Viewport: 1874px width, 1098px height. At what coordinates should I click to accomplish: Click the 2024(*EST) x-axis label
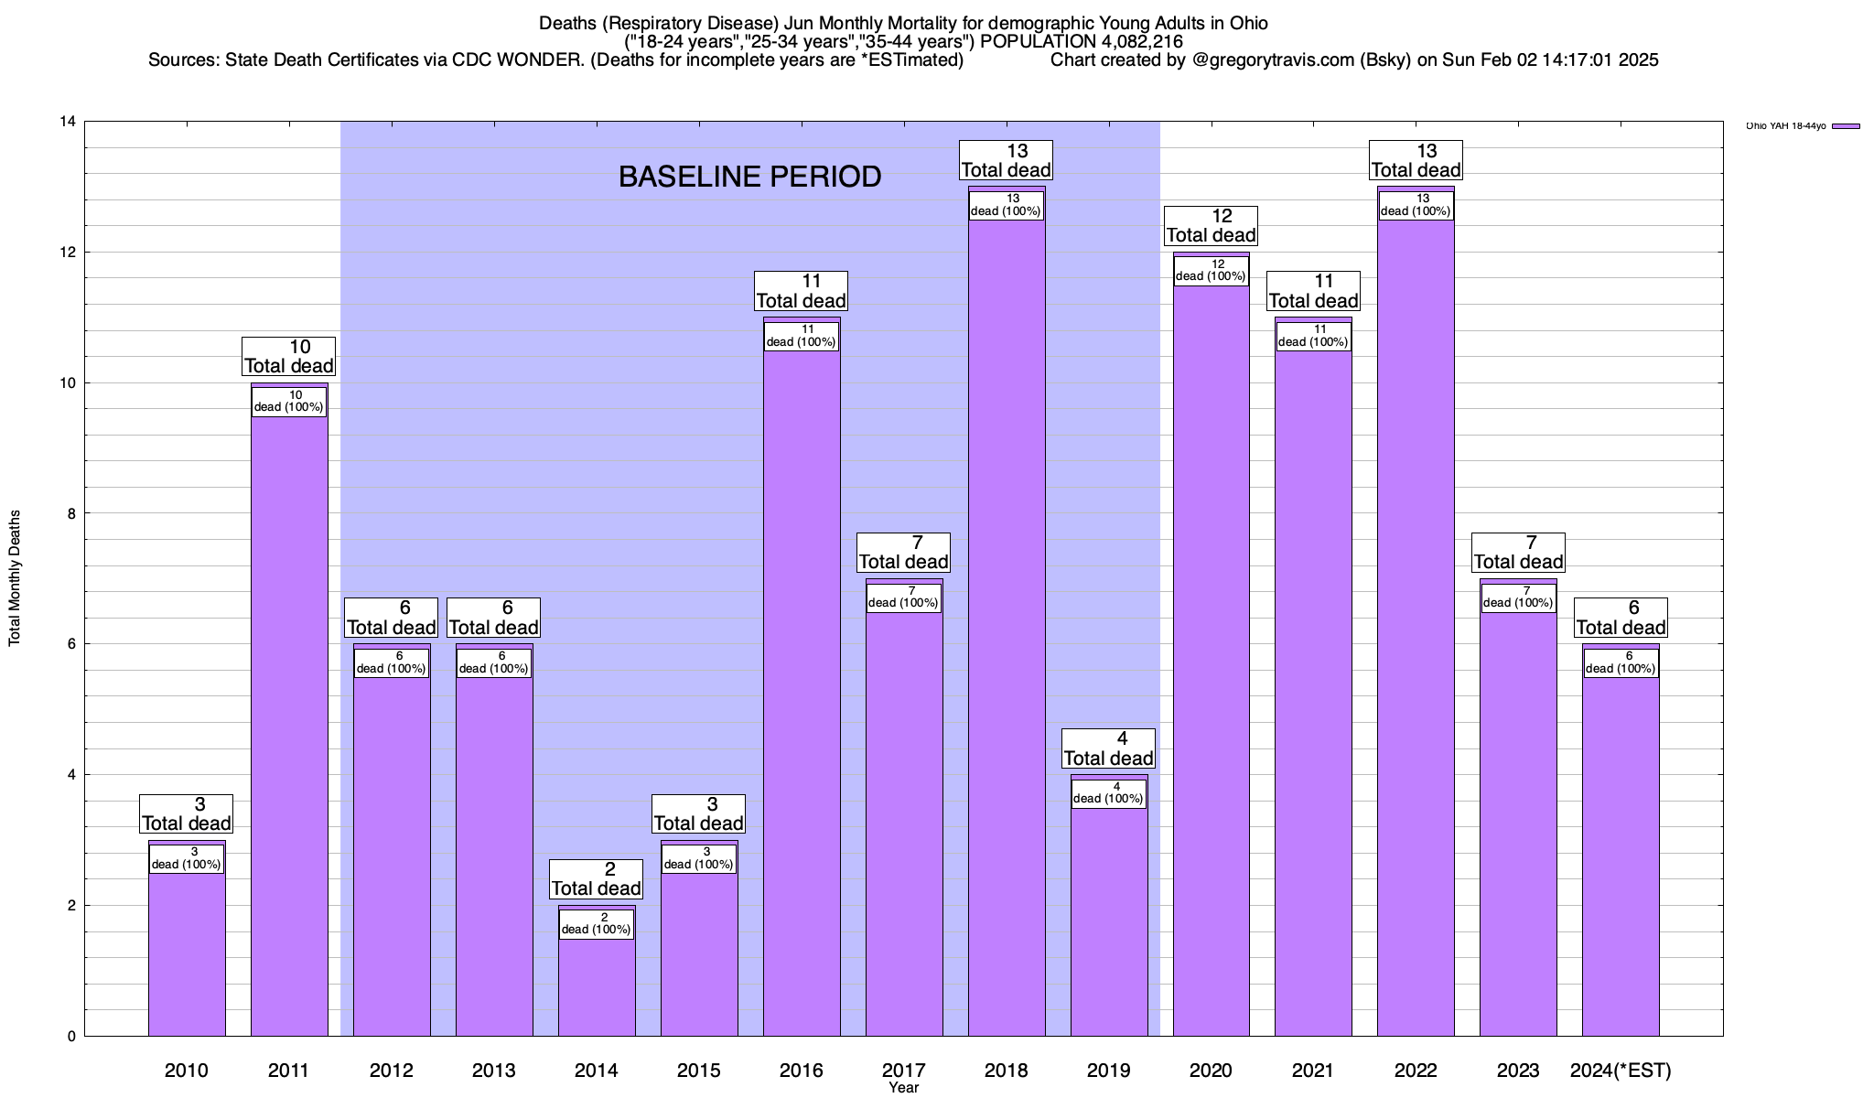click(1621, 1071)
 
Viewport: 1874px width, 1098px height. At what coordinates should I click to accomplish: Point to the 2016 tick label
click(802, 1071)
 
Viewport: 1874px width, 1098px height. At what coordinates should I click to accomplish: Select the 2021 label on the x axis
click(1314, 1071)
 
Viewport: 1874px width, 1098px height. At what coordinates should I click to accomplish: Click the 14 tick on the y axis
click(68, 122)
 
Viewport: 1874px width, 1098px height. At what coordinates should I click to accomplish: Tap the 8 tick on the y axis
click(70, 513)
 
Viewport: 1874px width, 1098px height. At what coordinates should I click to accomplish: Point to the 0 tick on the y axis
click(70, 1037)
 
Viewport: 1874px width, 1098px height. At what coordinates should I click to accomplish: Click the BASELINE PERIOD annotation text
click(749, 177)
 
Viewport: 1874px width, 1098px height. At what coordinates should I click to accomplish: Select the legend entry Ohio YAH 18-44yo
click(1802, 126)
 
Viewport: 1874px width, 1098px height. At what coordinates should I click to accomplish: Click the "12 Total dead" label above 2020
click(1211, 226)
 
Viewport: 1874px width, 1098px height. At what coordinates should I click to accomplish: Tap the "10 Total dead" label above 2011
click(289, 357)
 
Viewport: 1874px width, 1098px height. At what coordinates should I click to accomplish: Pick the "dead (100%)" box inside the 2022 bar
click(1416, 206)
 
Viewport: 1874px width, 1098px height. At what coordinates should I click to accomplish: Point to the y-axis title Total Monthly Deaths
click(15, 578)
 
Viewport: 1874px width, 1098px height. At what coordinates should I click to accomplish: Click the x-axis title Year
click(903, 1088)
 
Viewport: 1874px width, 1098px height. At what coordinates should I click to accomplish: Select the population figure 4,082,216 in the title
click(1128, 42)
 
